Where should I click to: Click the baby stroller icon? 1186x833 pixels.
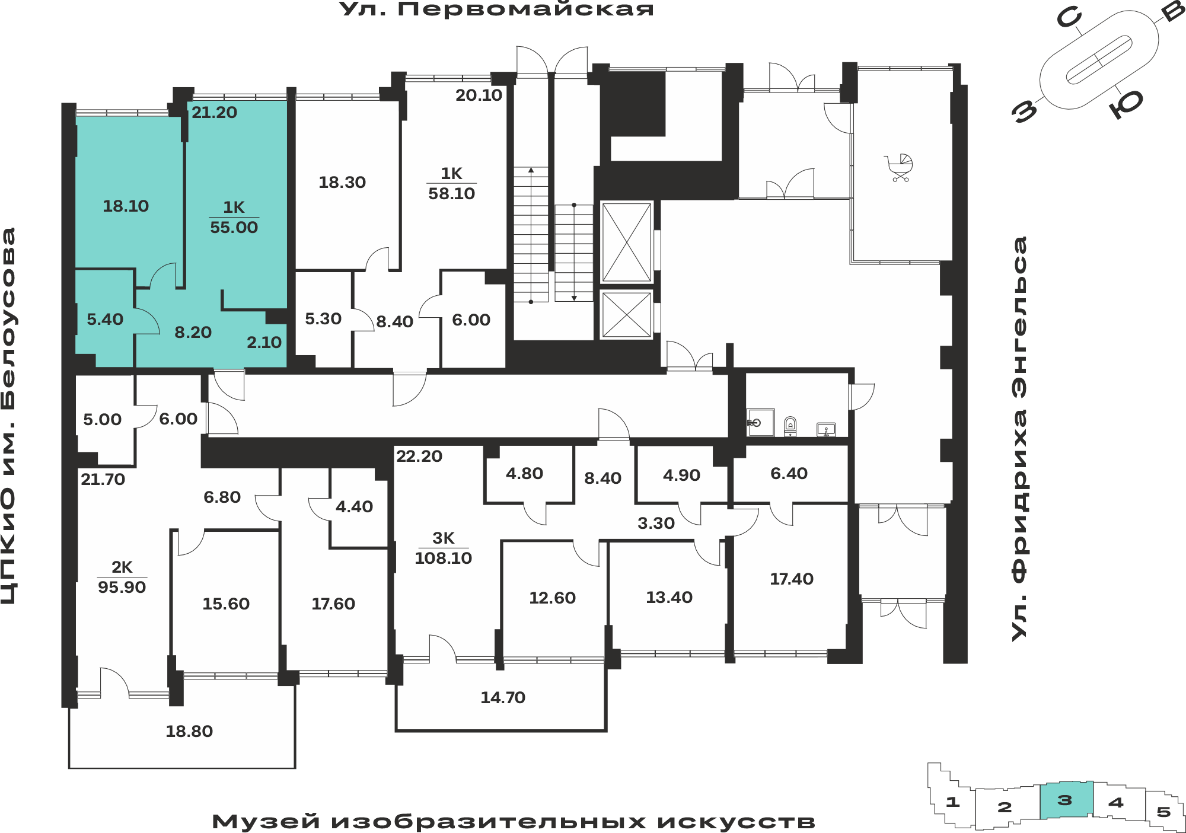899,168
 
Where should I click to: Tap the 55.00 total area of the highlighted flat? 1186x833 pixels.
234,227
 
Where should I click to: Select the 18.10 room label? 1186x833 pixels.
126,206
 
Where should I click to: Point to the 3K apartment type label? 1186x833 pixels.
444,538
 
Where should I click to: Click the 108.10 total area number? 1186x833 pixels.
444,558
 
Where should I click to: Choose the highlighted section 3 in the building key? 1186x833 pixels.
1066,800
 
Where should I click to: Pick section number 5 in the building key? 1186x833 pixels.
1163,812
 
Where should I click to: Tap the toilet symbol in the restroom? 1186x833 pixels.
790,426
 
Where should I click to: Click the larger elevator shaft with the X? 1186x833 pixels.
627,242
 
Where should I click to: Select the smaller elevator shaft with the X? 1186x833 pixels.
627,314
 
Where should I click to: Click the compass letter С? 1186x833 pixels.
1070,18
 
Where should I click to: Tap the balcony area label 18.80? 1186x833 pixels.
189,731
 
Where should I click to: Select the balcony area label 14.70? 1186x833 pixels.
503,697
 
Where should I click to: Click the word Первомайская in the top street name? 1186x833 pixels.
525,9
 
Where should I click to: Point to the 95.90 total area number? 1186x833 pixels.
122,587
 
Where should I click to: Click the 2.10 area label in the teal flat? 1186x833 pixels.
264,342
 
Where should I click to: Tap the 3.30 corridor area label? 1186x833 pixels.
656,523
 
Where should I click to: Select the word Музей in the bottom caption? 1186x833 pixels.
266,822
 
